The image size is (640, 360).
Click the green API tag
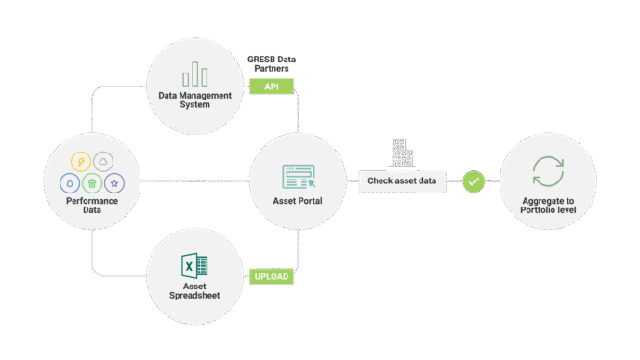[272, 86]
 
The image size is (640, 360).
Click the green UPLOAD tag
[272, 276]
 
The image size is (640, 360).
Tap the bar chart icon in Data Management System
[196, 73]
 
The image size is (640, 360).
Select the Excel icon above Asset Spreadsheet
[194, 266]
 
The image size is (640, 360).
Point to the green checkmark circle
[474, 180]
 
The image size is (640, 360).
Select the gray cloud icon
[103, 161]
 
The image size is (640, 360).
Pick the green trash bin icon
[92, 183]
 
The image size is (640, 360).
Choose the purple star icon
[114, 182]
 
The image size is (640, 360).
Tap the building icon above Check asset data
[401, 153]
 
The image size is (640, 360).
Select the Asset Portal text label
[299, 201]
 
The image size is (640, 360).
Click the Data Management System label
[196, 99]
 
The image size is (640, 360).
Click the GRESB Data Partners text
[273, 63]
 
